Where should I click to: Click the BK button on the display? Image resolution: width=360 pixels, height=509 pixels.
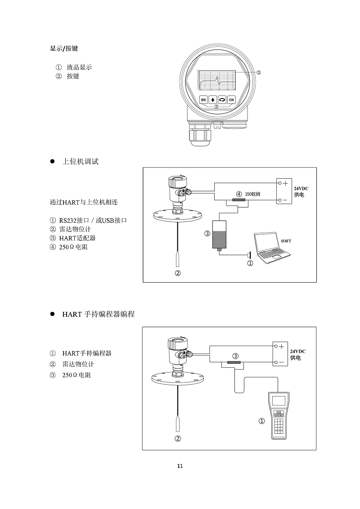pyautogui.click(x=203, y=99)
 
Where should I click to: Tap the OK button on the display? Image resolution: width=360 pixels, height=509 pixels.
pyautogui.click(x=231, y=99)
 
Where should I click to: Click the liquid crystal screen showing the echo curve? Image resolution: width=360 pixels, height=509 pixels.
pyautogui.click(x=217, y=80)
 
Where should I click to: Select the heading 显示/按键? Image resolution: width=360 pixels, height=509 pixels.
pyautogui.click(x=64, y=48)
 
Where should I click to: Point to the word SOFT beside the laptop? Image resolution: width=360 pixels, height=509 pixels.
pyautogui.click(x=286, y=241)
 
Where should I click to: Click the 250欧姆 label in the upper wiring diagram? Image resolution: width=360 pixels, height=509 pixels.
pyautogui.click(x=252, y=194)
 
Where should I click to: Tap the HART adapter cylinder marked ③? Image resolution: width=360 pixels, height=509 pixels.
pyautogui.click(x=220, y=235)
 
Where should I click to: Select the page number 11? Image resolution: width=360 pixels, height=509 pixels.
pyautogui.click(x=180, y=466)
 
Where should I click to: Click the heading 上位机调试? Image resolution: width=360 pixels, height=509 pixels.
pyautogui.click(x=81, y=161)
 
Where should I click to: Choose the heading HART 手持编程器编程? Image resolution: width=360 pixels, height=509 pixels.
pyautogui.click(x=99, y=314)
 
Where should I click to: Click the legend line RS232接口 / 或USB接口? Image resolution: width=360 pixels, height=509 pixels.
pyautogui.click(x=93, y=221)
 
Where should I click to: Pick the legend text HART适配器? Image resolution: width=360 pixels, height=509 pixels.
pyautogui.click(x=77, y=238)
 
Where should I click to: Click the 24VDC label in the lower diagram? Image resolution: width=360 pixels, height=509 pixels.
pyautogui.click(x=297, y=351)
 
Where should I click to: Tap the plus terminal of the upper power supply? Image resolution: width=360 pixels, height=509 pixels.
pyautogui.click(x=285, y=184)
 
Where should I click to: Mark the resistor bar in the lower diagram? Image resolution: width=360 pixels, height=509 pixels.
pyautogui.click(x=234, y=362)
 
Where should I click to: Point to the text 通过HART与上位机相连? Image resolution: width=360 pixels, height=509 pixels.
pyautogui.click(x=84, y=202)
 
